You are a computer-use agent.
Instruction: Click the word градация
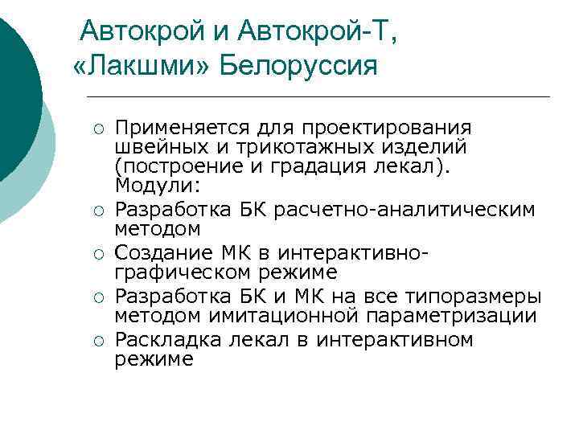[x=343, y=166]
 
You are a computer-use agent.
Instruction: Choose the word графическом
[x=180, y=272]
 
